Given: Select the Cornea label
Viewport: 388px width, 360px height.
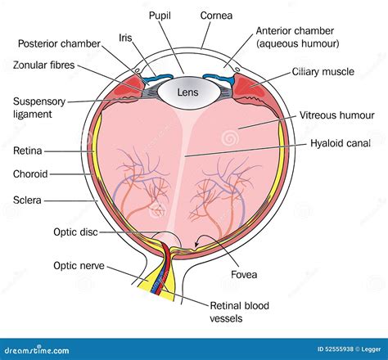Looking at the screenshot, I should coord(217,16).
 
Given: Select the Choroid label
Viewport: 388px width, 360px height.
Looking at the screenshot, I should coord(31,173).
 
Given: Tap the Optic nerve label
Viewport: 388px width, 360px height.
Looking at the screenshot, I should coord(78,265).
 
